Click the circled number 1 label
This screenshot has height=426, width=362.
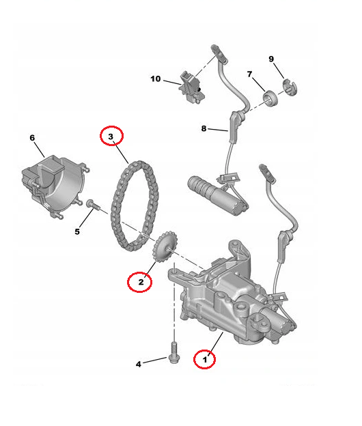204,357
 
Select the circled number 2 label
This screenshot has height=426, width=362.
140,281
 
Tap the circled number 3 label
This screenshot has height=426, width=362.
112,137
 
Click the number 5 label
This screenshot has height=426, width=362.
76,231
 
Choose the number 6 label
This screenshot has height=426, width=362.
31,138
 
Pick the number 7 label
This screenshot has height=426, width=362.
250,74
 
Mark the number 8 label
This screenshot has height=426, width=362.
204,128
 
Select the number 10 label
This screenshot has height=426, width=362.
156,79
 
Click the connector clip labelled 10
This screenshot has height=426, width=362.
191,85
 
